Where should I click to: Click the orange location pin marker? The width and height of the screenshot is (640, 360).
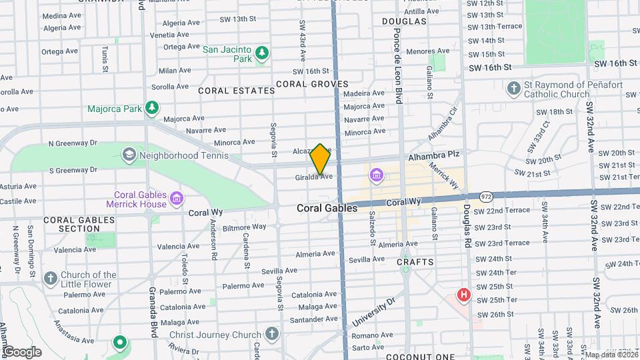click(320, 159)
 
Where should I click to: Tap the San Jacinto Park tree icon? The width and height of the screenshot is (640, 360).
click(262, 53)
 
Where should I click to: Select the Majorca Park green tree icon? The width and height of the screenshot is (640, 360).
click(153, 107)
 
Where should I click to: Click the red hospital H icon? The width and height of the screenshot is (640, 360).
click(463, 294)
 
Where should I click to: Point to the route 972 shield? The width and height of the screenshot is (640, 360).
click(485, 196)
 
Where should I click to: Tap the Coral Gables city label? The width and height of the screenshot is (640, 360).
click(327, 208)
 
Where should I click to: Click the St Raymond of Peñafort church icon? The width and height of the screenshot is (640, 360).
click(513, 88)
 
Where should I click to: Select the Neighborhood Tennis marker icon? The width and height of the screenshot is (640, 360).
click(129, 155)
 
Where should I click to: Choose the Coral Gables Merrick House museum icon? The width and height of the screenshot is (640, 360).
click(177, 198)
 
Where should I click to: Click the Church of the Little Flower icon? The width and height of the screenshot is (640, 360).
click(51, 278)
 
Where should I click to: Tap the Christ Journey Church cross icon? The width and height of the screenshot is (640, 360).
click(271, 333)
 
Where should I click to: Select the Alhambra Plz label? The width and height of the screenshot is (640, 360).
click(434, 154)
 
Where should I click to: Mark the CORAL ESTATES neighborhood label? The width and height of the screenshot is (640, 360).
click(236, 90)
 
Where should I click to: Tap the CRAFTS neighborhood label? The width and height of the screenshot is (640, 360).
click(415, 262)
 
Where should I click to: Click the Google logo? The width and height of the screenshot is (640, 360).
click(22, 351)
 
